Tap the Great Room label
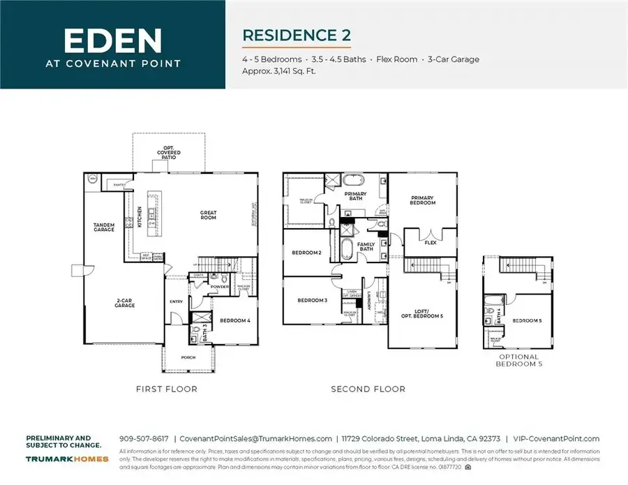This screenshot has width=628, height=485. [x=207, y=215]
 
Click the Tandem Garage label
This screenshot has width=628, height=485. [x=104, y=227]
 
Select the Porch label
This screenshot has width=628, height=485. [x=188, y=357]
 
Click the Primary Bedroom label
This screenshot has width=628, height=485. [x=422, y=200]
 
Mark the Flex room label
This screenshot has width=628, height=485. [x=431, y=244]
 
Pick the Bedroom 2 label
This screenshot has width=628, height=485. [x=307, y=252]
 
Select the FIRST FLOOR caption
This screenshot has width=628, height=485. [x=167, y=389]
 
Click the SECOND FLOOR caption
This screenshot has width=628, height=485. [x=368, y=389]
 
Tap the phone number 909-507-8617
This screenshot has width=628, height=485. [x=144, y=439]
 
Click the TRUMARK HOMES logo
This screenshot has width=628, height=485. [x=67, y=458]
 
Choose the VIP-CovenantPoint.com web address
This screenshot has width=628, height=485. [x=556, y=439]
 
